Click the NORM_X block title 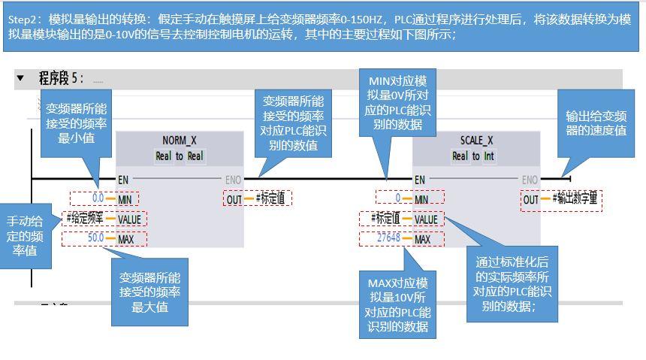coord(180,141)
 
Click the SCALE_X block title coord(476,141)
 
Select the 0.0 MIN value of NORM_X coord(98,199)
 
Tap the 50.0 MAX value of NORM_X coord(95,238)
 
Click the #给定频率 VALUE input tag coord(85,219)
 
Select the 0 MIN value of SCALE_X coord(398,199)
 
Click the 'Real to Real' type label coord(180,156)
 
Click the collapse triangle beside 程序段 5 coord(20,78)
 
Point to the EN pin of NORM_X coord(123,180)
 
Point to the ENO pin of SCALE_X coord(530,180)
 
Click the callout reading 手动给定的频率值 coord(26,236)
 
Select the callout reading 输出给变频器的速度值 coord(596,123)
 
